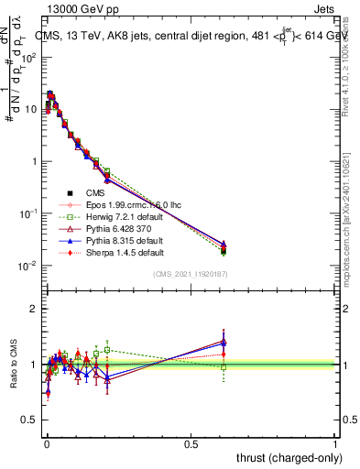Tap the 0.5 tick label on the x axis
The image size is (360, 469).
coord(191,444)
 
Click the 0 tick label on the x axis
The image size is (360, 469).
coord(47,444)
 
